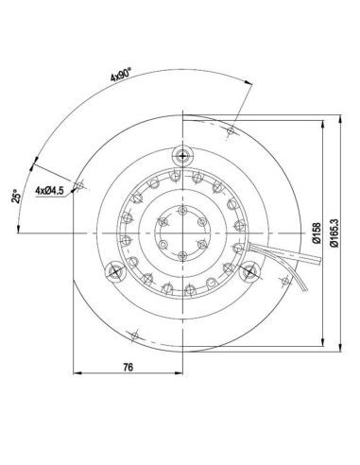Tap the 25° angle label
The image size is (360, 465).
click(x=16, y=197)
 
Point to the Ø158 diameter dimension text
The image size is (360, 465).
click(x=315, y=232)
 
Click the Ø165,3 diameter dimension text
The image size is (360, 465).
click(x=334, y=232)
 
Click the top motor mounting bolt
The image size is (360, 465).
click(x=181, y=154)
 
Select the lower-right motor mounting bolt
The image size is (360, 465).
click(x=249, y=271)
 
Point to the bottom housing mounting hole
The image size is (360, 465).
click(x=138, y=335)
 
